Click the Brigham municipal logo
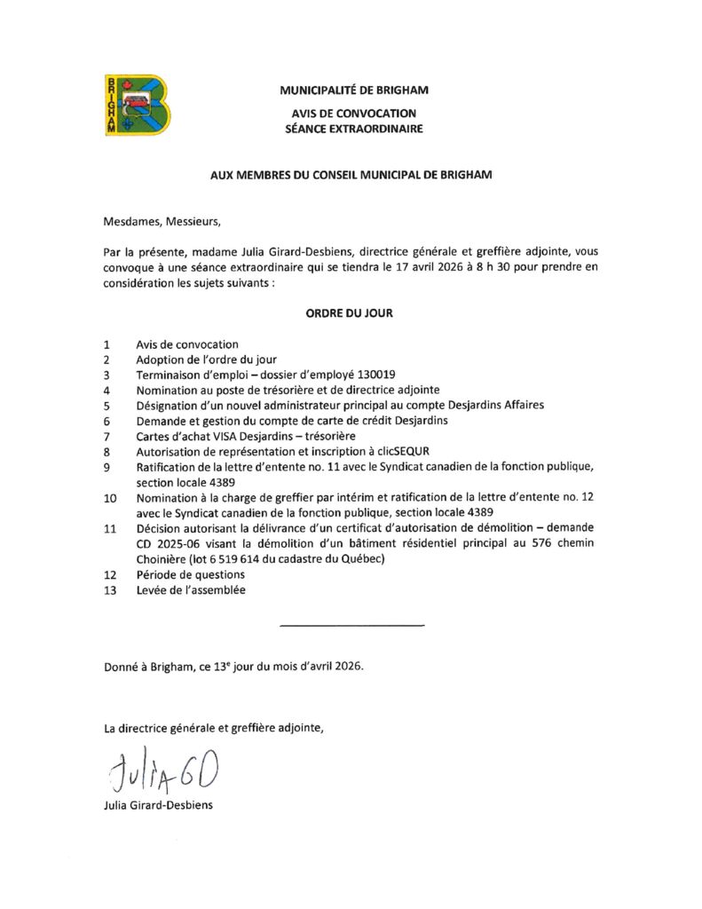(x=137, y=105)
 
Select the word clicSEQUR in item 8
(x=401, y=450)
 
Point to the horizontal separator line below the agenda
(x=351, y=627)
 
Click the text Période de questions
(x=190, y=574)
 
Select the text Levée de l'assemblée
(x=191, y=589)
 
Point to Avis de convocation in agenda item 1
(x=186, y=344)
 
